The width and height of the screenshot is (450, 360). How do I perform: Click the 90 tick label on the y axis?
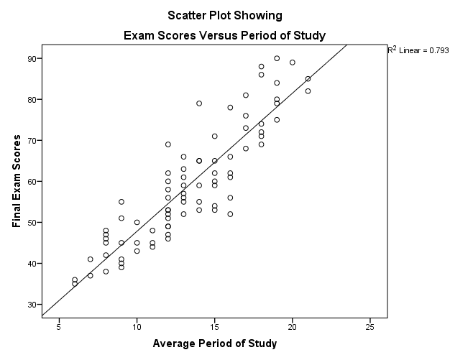(32, 58)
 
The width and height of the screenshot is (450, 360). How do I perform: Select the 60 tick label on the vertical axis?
(32, 182)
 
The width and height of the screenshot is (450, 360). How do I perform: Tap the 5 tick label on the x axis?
(59, 327)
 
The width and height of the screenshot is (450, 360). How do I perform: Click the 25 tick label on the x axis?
(369, 327)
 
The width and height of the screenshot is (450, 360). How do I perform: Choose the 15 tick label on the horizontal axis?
(214, 327)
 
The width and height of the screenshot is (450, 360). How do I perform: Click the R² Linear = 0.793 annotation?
(418, 50)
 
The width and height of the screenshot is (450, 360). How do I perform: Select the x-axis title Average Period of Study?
(214, 343)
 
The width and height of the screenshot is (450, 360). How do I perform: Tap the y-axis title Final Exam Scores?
(17, 181)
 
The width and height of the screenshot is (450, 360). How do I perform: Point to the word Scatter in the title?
(186, 15)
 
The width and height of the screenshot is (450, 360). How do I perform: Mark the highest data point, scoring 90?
(277, 58)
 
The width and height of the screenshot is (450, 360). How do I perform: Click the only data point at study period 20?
(293, 63)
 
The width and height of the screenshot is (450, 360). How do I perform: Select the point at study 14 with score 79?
(199, 103)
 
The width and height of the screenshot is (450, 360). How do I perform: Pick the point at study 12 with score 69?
(168, 144)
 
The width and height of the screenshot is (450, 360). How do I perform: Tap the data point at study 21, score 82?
(308, 91)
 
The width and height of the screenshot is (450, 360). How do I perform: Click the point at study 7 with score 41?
(91, 259)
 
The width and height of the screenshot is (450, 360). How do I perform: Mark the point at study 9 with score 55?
(121, 202)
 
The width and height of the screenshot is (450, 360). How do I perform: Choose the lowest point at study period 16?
(230, 214)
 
